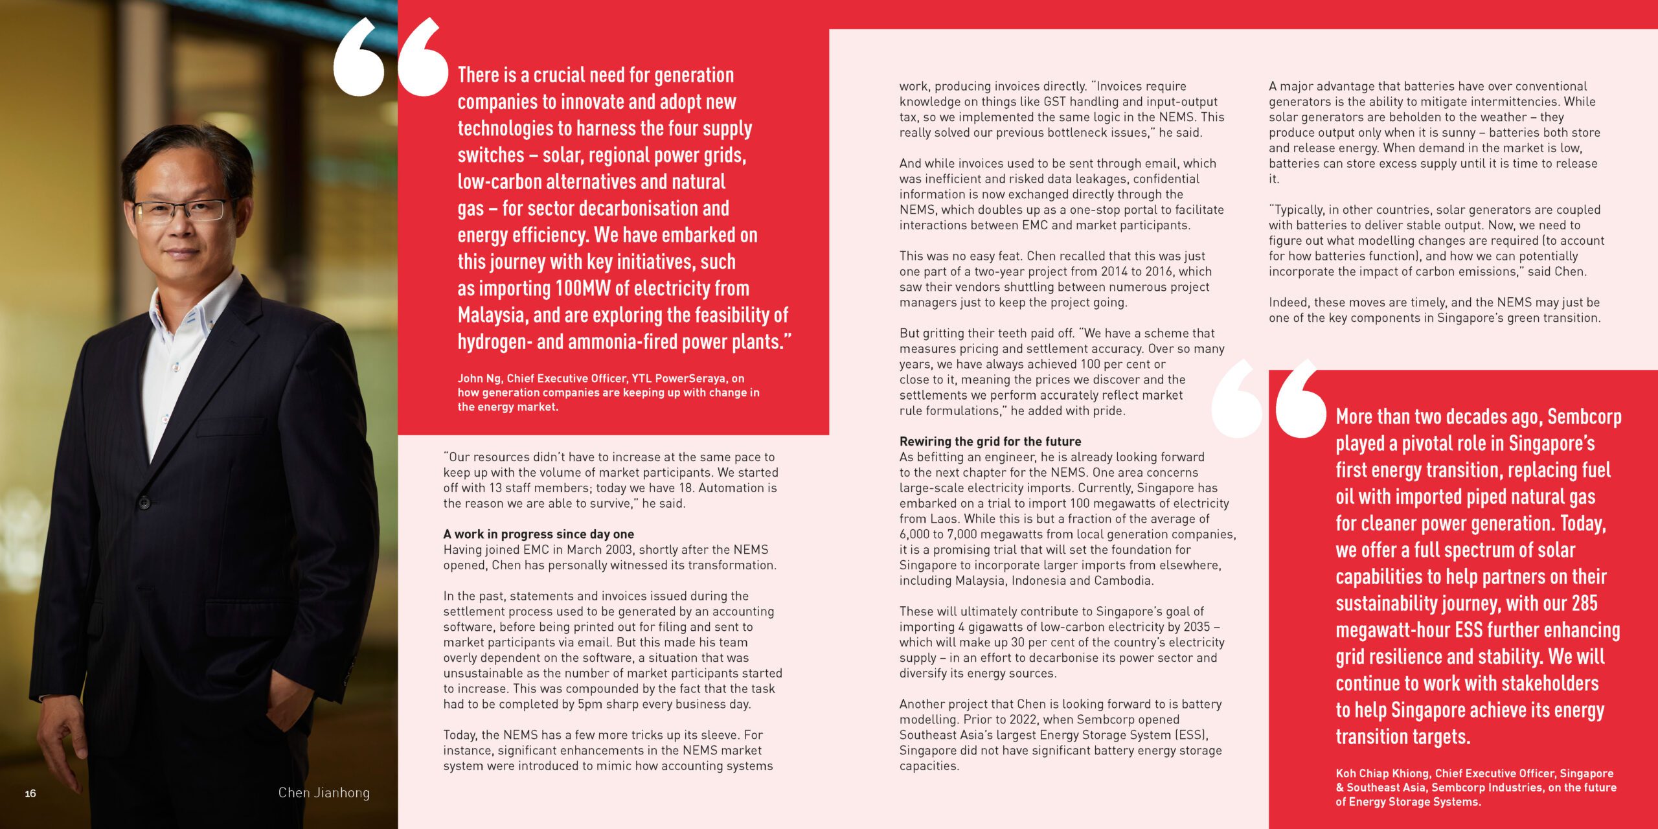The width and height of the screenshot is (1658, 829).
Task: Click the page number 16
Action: [30, 793]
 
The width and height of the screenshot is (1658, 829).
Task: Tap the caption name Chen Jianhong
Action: [324, 793]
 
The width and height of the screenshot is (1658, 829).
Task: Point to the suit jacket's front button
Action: [144, 502]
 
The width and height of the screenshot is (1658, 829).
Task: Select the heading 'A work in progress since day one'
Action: [538, 534]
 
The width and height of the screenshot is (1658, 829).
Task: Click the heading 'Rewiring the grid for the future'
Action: [990, 442]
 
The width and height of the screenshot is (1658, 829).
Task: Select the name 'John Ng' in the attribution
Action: [479, 378]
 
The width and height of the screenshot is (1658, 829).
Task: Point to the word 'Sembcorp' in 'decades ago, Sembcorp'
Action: [1584, 417]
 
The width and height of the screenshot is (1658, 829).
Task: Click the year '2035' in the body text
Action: [1195, 627]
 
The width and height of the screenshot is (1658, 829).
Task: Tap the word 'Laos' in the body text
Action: [943, 519]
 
